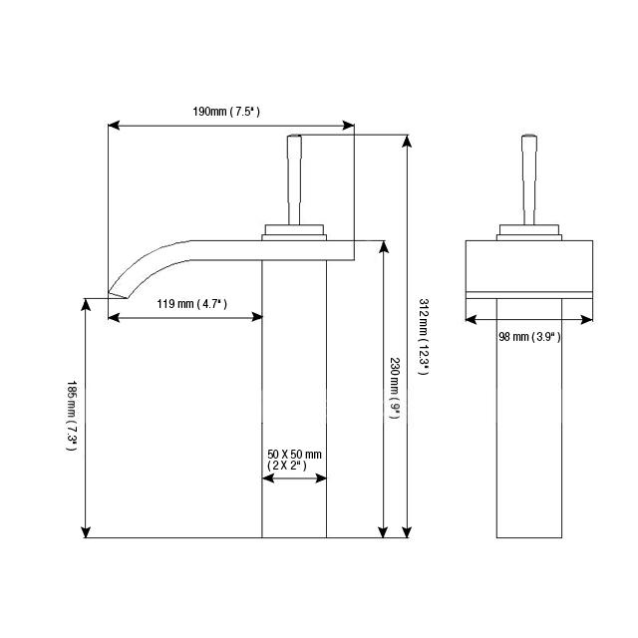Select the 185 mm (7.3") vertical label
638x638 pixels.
[x=71, y=416]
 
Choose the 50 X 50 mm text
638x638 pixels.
[x=294, y=455]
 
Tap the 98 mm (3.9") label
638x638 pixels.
[x=529, y=337]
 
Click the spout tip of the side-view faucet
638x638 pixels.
[x=118, y=291]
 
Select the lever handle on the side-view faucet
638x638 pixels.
[x=294, y=179]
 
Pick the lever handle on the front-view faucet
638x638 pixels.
[x=528, y=179]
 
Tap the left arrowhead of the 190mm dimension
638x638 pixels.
[x=113, y=126]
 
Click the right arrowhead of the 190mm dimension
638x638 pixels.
[x=349, y=126]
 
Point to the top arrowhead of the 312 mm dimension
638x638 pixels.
[x=407, y=141]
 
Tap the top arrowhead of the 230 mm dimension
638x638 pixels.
[x=383, y=245]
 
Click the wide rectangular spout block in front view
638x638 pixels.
[x=529, y=265]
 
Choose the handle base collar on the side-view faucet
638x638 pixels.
[x=294, y=233]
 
